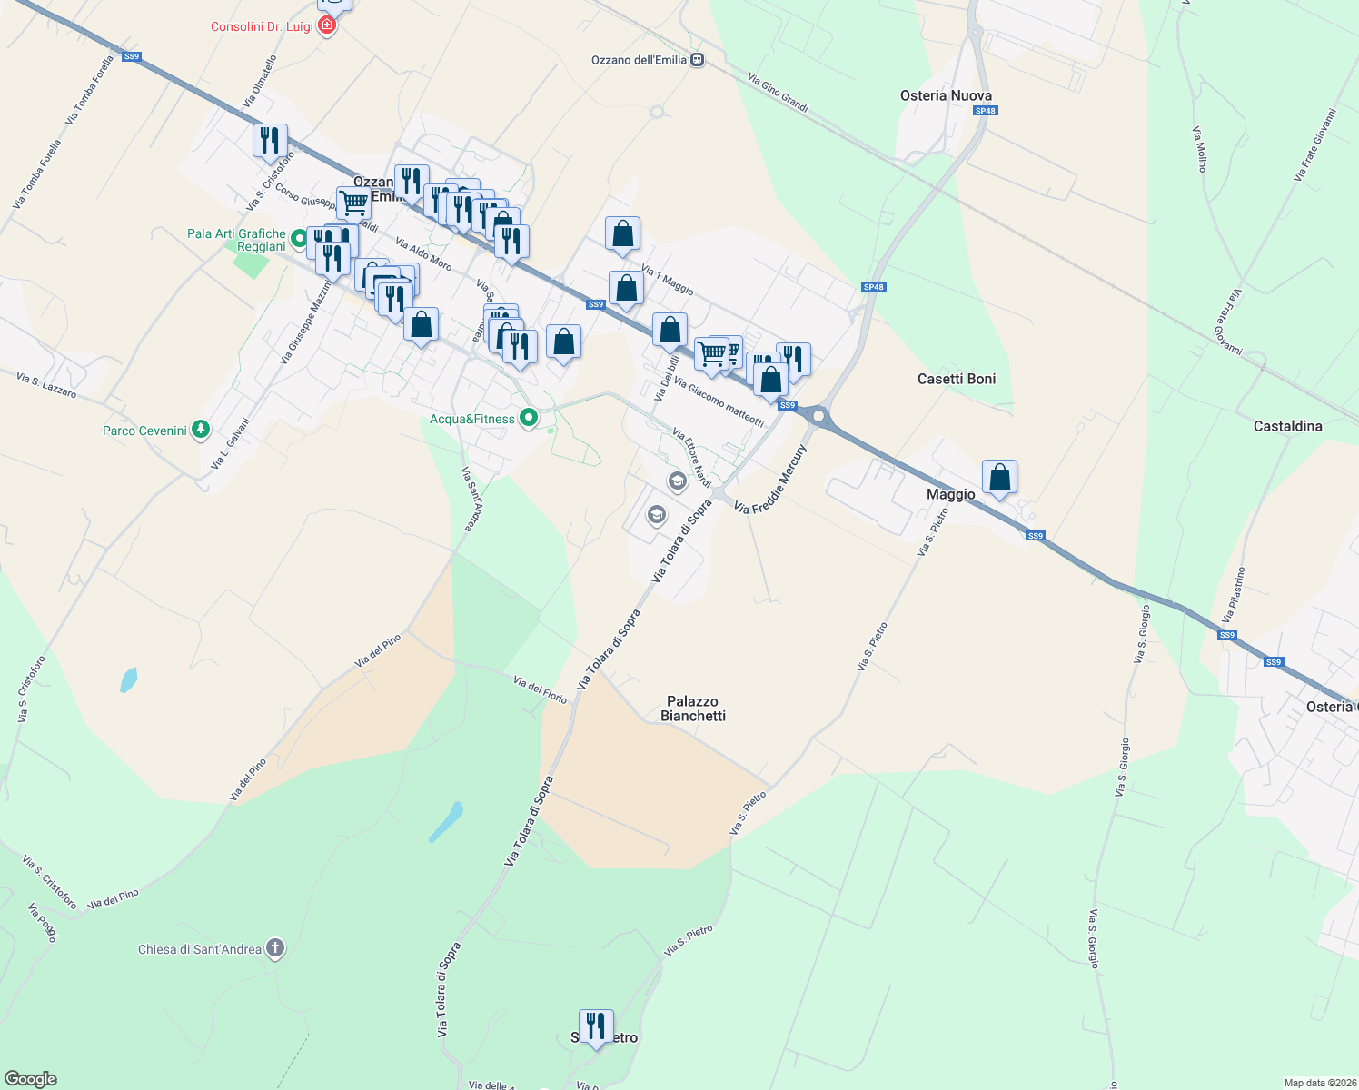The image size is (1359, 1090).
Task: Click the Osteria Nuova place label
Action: pyautogui.click(x=946, y=95)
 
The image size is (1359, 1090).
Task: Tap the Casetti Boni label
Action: pyautogui.click(x=957, y=379)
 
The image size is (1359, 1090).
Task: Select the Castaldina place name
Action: pyautogui.click(x=1287, y=426)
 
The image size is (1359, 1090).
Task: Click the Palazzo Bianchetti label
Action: pyautogui.click(x=693, y=708)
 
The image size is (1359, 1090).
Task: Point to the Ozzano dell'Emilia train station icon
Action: pyautogui.click(x=697, y=60)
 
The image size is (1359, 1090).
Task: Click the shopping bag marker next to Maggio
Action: pyautogui.click(x=999, y=477)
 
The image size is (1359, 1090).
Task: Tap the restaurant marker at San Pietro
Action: pyautogui.click(x=596, y=1027)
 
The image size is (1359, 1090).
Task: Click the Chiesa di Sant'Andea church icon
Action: pyautogui.click(x=274, y=949)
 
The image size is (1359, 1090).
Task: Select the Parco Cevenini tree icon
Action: pyautogui.click(x=201, y=430)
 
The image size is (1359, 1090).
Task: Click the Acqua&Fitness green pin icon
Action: pyautogui.click(x=529, y=419)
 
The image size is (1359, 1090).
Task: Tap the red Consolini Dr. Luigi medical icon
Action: pyautogui.click(x=327, y=26)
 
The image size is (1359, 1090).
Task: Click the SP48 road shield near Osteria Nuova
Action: pyautogui.click(x=985, y=111)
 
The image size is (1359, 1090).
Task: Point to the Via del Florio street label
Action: pyautogui.click(x=540, y=689)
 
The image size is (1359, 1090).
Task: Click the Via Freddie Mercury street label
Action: pyautogui.click(x=770, y=480)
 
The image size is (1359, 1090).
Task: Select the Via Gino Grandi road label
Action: pyautogui.click(x=778, y=93)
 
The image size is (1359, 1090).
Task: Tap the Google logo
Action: pyautogui.click(x=30, y=1079)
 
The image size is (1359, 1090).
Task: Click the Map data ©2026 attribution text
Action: pyautogui.click(x=1316, y=1083)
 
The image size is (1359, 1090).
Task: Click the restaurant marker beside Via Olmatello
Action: pyautogui.click(x=270, y=141)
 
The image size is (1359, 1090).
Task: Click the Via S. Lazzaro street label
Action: pyautogui.click(x=46, y=384)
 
